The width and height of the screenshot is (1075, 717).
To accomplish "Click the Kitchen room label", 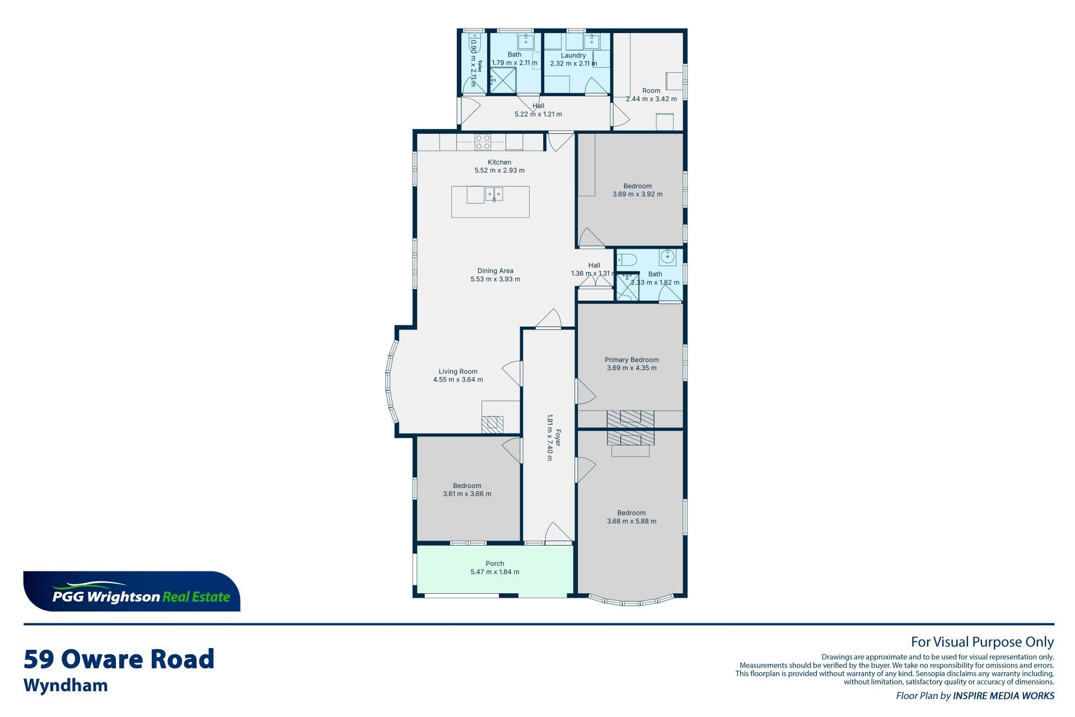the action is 499,162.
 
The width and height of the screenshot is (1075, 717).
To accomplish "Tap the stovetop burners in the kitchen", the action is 483,142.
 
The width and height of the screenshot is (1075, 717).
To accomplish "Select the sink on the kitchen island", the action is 494,194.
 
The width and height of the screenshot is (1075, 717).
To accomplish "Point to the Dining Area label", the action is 496,271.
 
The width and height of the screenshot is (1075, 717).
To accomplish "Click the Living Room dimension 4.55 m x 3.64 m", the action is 458,380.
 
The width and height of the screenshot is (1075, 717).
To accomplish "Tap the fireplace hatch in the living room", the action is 492,423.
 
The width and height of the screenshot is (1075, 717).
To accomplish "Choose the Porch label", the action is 495,564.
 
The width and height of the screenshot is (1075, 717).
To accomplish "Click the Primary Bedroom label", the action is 632,360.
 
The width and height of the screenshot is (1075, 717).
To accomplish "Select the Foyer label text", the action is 557,437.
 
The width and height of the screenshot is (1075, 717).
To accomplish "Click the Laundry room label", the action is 573,55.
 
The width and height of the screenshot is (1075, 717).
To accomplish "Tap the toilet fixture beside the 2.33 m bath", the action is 627,259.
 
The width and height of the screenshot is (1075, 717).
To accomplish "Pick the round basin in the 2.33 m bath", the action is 668,257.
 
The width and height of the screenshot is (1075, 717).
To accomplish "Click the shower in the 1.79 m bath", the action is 503,80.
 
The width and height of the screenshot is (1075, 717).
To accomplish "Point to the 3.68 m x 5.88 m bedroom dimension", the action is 632,522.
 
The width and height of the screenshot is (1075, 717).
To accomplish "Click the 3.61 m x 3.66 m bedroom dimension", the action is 467,494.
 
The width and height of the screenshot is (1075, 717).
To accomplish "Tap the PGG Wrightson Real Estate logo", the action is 132,592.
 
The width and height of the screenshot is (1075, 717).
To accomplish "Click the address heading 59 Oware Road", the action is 119,659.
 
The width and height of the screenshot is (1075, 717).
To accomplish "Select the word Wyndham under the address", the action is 66,686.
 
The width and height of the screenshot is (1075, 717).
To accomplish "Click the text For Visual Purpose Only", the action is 983,642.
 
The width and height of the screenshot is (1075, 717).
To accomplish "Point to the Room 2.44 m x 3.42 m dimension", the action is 651,99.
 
